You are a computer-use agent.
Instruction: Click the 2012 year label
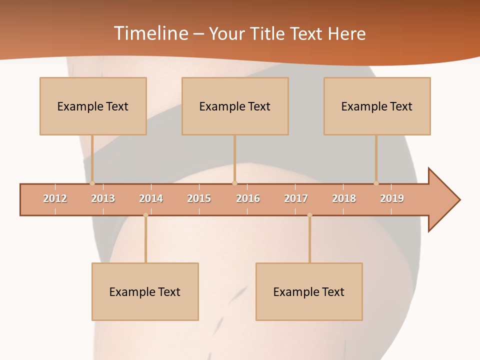tap(55, 198)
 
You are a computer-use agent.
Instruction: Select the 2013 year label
tap(103, 198)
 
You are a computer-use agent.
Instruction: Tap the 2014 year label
tap(151, 198)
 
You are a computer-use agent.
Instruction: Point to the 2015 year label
tap(199, 198)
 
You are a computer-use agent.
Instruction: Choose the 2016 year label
tap(248, 198)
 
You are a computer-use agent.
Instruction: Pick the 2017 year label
tap(296, 198)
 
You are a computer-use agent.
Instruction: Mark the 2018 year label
tap(344, 198)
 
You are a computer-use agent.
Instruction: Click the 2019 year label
tap(392, 198)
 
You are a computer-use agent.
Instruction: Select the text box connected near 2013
tap(93, 106)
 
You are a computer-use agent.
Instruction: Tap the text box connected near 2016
tap(235, 106)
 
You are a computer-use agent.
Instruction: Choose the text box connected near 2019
tap(377, 106)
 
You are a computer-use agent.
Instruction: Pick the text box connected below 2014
tap(145, 291)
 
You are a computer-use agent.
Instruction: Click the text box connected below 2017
tap(309, 291)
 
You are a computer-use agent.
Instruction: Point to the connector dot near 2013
tap(92, 183)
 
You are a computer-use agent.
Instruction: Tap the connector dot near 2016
tap(235, 183)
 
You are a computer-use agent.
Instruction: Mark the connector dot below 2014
tap(145, 215)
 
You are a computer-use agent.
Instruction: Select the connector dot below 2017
tap(309, 215)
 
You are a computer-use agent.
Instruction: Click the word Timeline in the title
tap(150, 33)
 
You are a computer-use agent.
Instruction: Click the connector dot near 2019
tap(376, 183)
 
